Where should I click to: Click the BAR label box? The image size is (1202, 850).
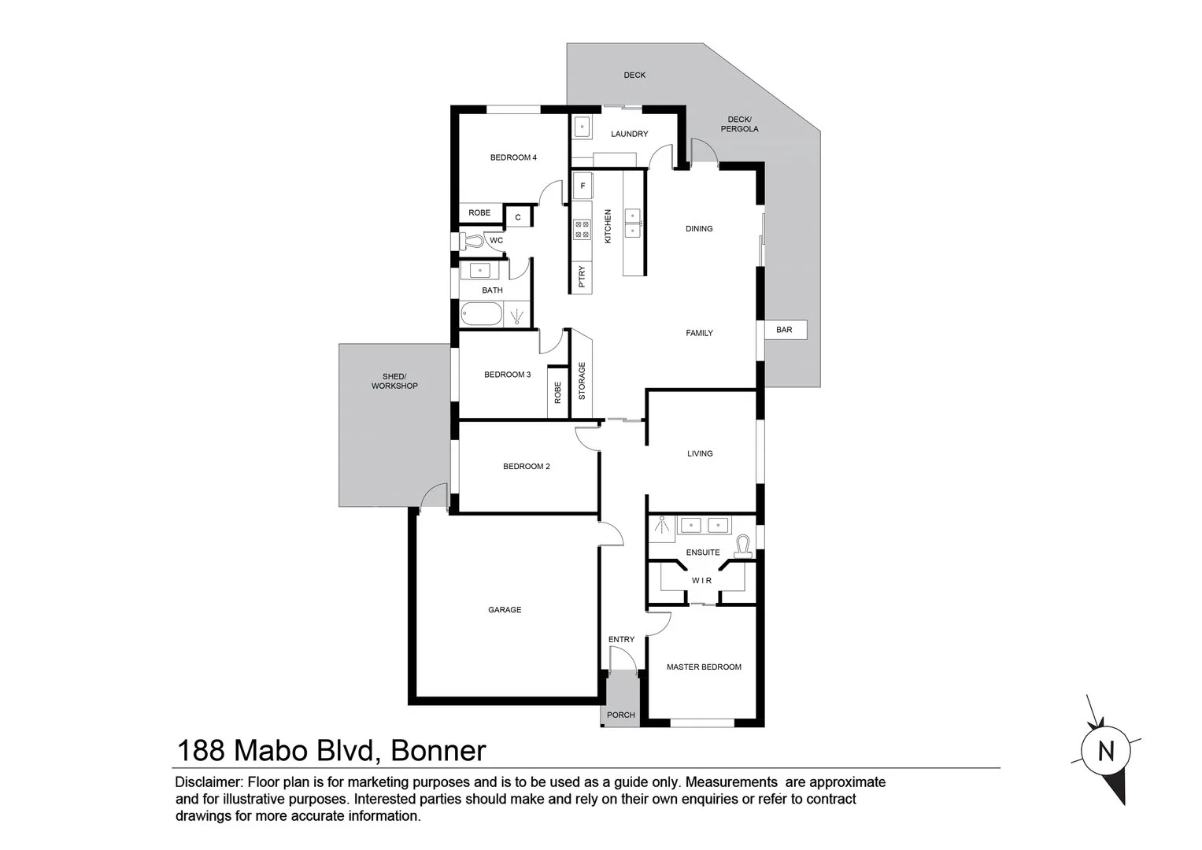[x=785, y=330]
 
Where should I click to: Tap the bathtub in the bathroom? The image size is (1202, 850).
[x=481, y=315]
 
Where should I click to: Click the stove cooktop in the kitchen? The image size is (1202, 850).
[x=582, y=229]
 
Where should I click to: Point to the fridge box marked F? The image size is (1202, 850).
[x=583, y=187]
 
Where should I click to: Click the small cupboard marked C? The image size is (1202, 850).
[x=518, y=217]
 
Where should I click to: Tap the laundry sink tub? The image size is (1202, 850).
[x=582, y=127]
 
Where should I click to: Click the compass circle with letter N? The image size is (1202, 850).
[x=1106, y=751]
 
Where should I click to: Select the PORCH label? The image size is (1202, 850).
[x=621, y=715]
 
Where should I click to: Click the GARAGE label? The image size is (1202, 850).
[x=505, y=610]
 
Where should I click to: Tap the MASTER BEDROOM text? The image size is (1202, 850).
[x=704, y=667]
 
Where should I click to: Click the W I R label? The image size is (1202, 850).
[x=701, y=581]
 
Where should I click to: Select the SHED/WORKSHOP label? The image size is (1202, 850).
[x=394, y=381]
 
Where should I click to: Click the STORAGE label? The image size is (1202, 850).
[x=583, y=381]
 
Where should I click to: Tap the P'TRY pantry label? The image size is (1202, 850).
[x=582, y=278]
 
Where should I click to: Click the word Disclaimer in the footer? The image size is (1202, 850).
[x=209, y=782]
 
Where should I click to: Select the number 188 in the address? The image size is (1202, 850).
[x=200, y=751]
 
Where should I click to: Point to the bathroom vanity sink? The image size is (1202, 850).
[x=479, y=271]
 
